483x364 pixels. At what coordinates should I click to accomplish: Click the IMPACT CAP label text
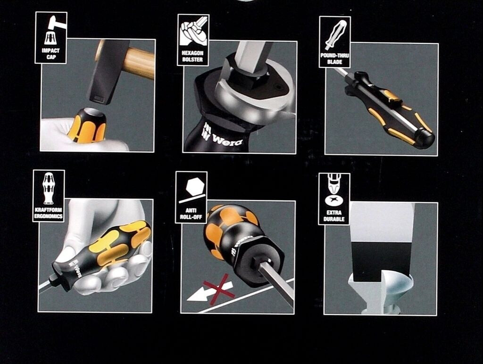point(51,54)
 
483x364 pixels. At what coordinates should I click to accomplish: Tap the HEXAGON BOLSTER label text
point(192,56)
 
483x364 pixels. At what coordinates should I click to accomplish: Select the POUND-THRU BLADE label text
point(334,58)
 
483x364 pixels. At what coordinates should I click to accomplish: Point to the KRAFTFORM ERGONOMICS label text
point(49,213)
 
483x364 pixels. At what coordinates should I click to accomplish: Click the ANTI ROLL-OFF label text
point(191,214)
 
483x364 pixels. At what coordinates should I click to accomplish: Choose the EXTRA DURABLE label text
point(334,215)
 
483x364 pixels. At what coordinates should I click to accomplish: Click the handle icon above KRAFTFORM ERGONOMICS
point(49,189)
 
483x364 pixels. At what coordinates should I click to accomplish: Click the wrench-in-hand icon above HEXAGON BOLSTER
point(193,32)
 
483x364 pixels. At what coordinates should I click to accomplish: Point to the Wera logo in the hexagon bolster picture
point(222,137)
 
